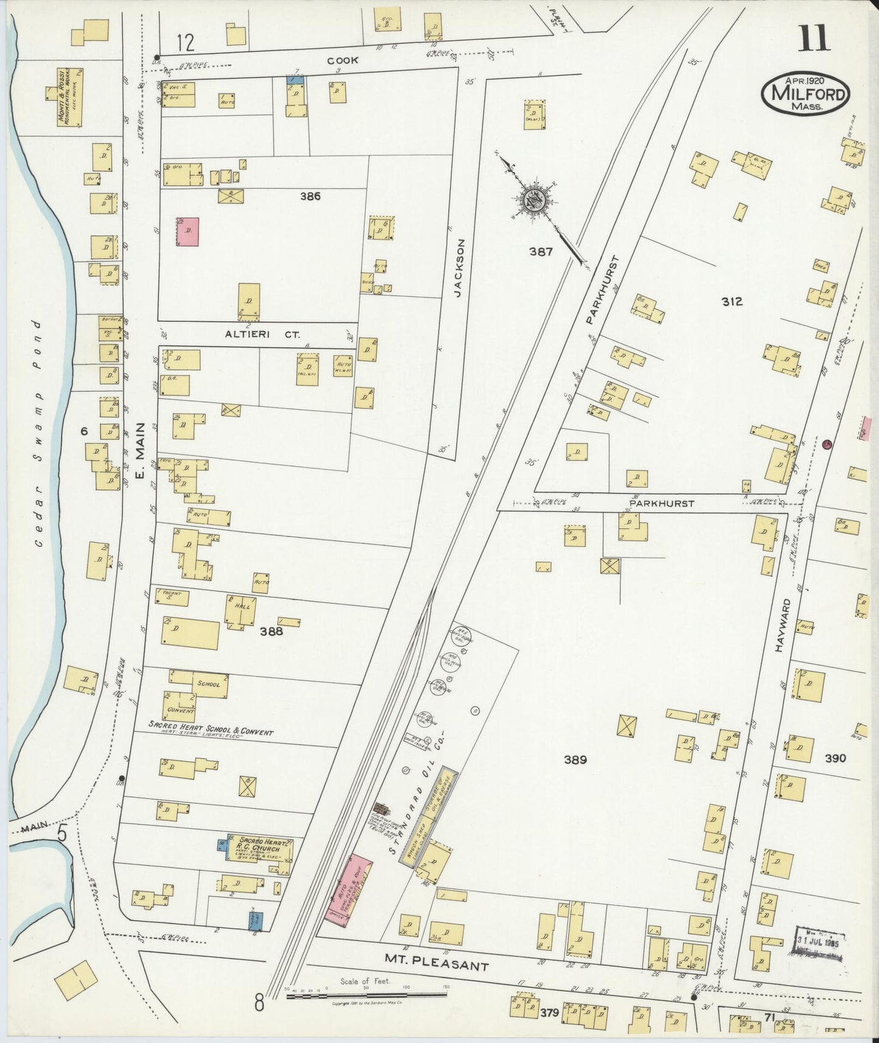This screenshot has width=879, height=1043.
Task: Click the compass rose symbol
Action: pos(536,199)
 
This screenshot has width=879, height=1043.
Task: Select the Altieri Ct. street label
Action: pos(256,334)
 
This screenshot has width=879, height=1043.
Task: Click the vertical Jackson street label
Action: pos(460,267)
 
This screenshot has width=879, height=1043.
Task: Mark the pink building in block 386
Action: pos(187,231)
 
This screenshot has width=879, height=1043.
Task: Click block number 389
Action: pos(574,759)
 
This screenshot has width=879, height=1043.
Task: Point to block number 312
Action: pos(731,301)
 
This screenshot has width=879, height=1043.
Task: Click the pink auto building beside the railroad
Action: pos(351,892)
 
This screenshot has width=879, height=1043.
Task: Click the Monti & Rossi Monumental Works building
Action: pos(69,98)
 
